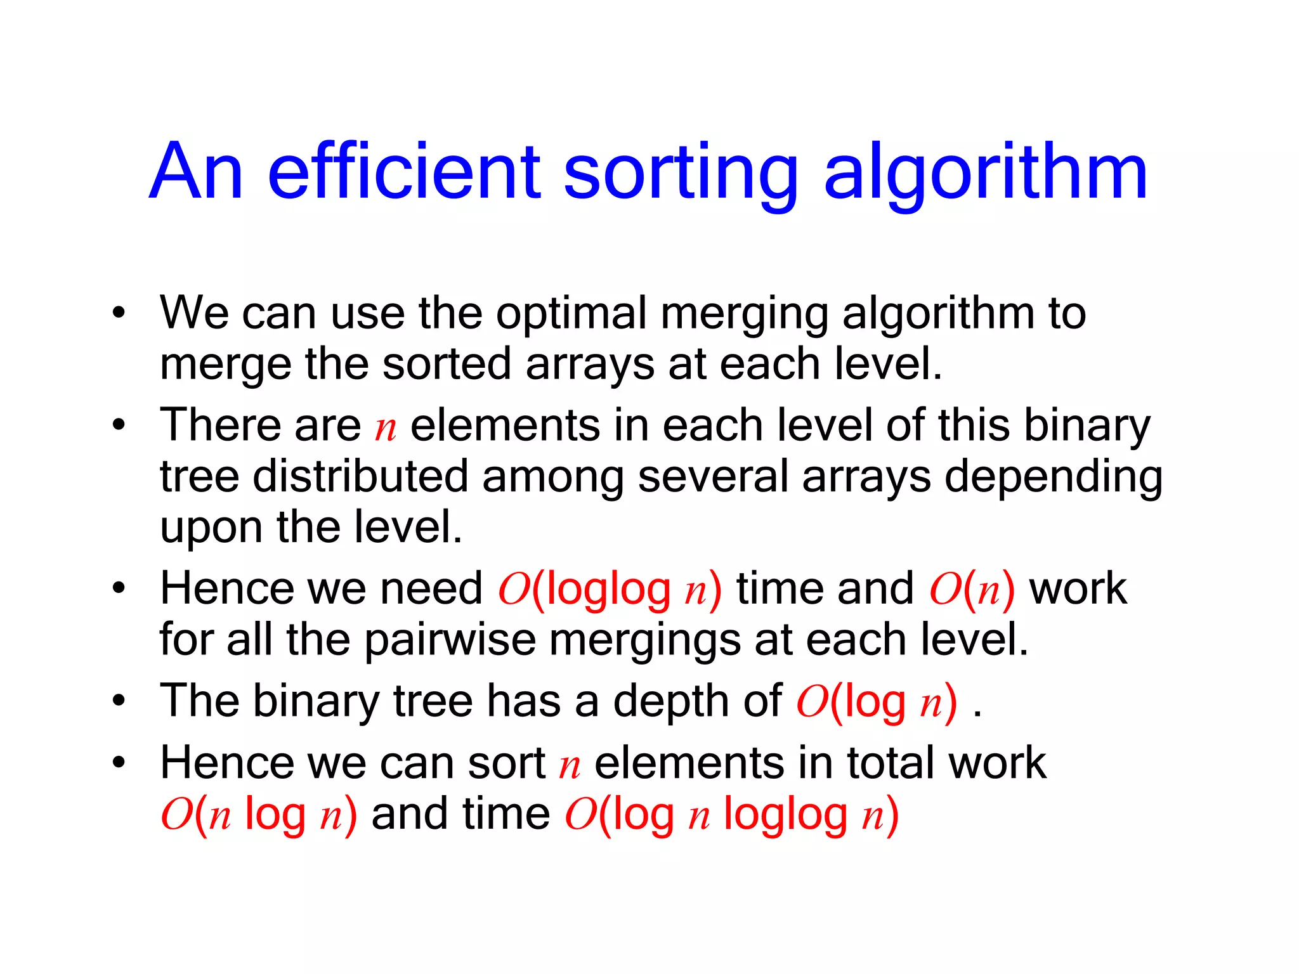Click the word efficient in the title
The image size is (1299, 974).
(404, 171)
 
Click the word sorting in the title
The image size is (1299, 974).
(680, 171)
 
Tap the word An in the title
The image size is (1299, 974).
(196, 171)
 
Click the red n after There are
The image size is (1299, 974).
(385, 427)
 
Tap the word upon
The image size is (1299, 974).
(211, 527)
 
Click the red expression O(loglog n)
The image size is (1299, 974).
(610, 589)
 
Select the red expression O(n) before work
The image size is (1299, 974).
(972, 589)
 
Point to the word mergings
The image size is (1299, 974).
(644, 640)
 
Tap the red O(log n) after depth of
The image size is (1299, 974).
(876, 703)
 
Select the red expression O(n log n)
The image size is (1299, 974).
(258, 815)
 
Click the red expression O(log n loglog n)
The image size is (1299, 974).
(731, 815)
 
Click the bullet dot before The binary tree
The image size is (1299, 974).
(119, 701)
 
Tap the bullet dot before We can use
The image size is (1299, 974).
(119, 313)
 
